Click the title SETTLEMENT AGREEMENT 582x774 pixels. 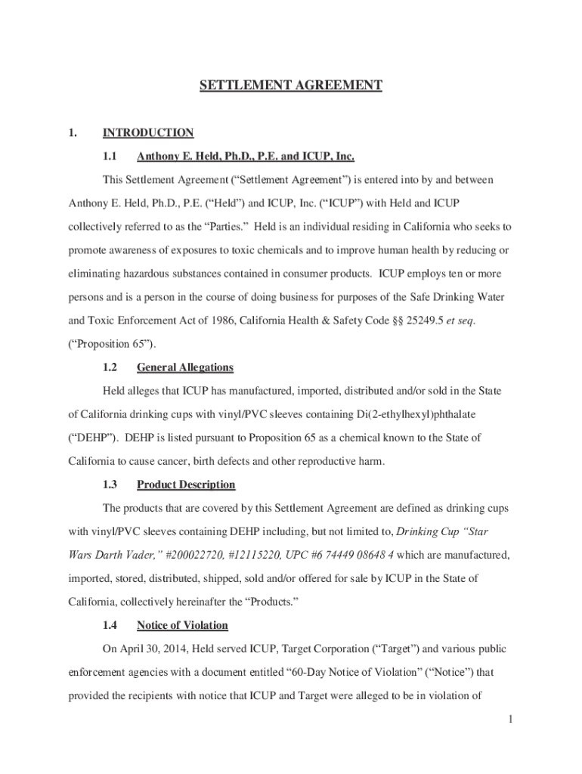click(x=290, y=85)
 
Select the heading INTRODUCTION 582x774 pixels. click(x=148, y=133)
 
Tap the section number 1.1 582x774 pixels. click(x=110, y=157)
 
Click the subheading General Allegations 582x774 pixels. click(x=184, y=367)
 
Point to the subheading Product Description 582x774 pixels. click(x=186, y=485)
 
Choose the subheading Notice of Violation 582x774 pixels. click(x=182, y=625)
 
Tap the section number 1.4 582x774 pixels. click(x=110, y=625)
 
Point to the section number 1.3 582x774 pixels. click(x=110, y=485)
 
